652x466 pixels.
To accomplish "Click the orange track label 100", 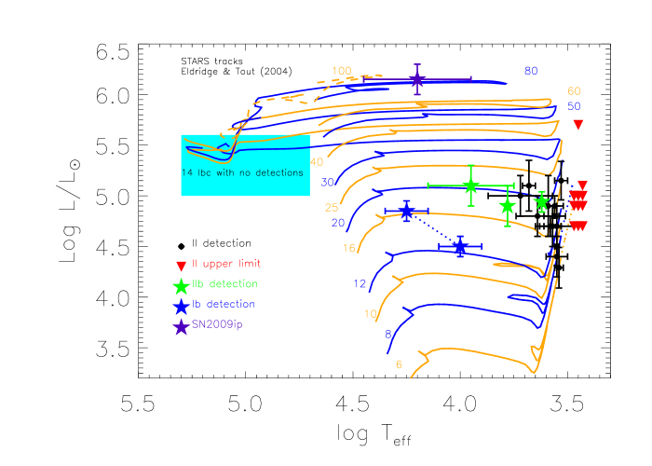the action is (342, 71).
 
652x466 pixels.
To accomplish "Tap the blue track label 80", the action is (531, 71).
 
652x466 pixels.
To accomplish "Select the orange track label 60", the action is (574, 91).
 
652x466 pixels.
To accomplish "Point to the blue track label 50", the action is (574, 106).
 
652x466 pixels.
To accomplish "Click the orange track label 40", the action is (317, 162).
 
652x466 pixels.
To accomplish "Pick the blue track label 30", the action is (327, 182).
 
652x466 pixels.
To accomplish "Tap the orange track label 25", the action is (332, 208).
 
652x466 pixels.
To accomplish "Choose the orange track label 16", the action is (348, 249).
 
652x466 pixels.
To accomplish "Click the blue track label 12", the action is (360, 283).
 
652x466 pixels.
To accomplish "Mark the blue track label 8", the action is (387, 334).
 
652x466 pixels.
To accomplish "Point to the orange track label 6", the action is (399, 364).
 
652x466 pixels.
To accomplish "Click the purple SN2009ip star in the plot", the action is (417, 81).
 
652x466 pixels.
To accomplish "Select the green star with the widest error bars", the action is (471, 185).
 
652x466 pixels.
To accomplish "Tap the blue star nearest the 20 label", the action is (407, 212).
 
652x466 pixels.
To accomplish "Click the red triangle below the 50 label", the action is (577, 125).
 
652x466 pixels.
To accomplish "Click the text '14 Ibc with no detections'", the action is (242, 173).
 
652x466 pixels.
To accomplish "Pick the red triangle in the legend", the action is (181, 266).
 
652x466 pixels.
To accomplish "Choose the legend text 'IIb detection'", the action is (224, 284).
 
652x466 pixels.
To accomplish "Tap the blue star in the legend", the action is (181, 306).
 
